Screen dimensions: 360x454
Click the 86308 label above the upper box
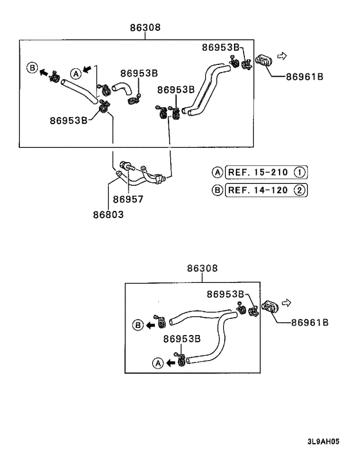[145, 28]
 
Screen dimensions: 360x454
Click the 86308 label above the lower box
[202, 268]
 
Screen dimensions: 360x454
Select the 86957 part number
[128, 199]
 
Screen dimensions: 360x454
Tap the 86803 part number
[108, 215]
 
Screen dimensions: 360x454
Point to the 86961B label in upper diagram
[305, 77]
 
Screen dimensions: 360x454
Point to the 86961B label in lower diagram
[310, 322]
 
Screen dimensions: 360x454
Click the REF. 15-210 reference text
[258, 172]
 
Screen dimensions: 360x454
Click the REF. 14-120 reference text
[258, 190]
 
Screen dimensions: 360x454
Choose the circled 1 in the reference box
[300, 172]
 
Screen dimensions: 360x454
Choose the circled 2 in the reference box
[300, 190]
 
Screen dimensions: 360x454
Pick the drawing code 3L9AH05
[323, 442]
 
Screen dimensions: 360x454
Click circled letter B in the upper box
[32, 68]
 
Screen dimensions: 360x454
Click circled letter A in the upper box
[76, 74]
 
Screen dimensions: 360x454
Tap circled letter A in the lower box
[158, 363]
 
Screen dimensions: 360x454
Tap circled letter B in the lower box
[138, 325]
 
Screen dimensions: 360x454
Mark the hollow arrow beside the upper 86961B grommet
[282, 55]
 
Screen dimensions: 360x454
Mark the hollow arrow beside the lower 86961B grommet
[286, 303]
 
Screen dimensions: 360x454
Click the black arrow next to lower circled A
[171, 363]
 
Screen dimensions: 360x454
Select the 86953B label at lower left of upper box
[68, 120]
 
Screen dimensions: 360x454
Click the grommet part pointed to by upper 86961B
[264, 60]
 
